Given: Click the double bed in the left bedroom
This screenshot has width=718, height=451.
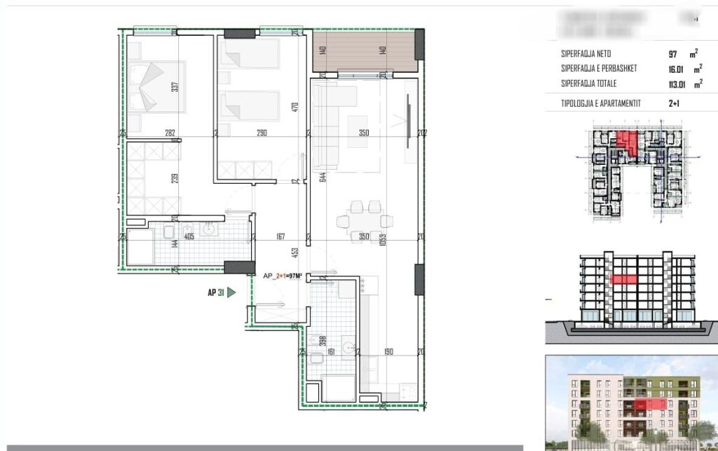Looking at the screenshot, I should point(156,86).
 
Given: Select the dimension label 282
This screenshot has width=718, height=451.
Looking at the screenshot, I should point(169,132).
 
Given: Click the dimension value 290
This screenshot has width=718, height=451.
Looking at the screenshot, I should point(262,132).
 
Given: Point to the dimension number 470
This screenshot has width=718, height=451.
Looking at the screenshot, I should point(295,107).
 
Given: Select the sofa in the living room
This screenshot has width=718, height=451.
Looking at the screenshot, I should point(325,126).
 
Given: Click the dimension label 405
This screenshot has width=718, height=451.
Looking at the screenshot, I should point(189,237).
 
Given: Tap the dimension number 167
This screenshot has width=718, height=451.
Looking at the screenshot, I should point(280,237).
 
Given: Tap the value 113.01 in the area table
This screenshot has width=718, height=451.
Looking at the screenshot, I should point(677,84).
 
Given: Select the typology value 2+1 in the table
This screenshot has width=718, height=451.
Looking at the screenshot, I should point(675,103).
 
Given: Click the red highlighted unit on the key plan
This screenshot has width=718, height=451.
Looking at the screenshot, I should point(629,142).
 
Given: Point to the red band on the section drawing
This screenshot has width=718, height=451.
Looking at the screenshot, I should point(625,279).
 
